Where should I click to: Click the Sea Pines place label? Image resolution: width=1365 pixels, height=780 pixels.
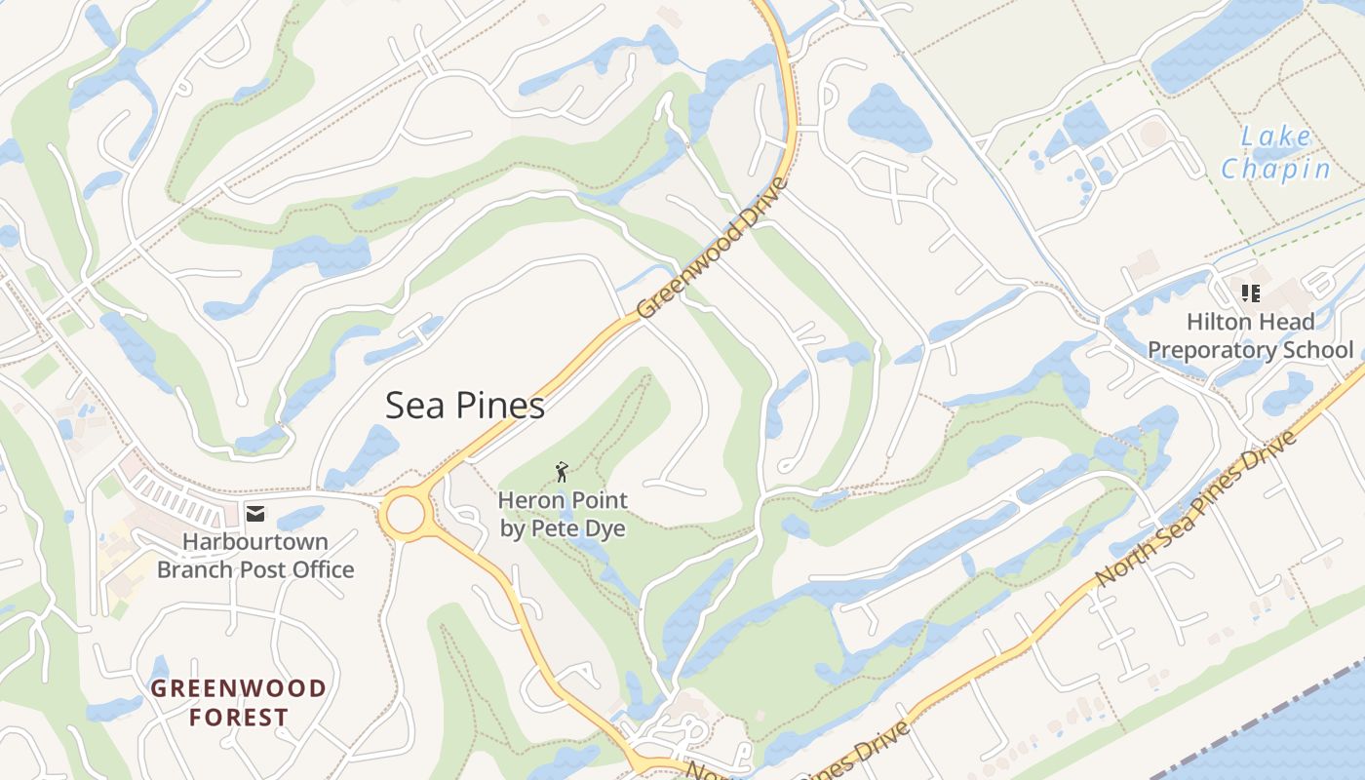coord(464,406)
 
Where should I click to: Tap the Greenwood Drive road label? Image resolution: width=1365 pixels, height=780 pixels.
coord(712,249)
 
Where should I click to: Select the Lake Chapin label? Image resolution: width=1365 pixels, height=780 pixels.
coord(1276,153)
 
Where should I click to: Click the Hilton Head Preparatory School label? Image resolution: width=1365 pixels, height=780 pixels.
coord(1250,335)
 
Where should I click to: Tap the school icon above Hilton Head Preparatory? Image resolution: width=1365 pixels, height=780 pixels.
coord(1251,293)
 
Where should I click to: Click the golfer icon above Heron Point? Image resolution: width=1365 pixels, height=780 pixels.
coord(562,474)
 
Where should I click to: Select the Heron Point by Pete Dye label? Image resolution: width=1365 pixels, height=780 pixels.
coord(563,515)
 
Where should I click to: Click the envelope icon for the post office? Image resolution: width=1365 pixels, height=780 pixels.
coord(255,513)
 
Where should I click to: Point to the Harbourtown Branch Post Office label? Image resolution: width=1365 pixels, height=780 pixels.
coord(255,556)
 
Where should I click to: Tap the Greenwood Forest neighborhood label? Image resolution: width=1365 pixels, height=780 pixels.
coord(239,703)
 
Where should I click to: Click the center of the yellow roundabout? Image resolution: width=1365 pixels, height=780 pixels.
coord(406,514)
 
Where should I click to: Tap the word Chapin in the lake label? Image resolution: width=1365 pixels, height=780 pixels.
coord(1276,169)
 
